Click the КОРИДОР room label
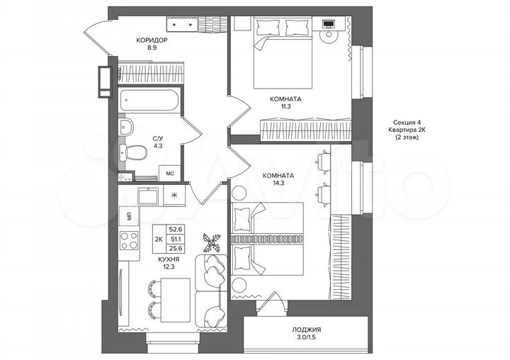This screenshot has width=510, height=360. tap(152, 40)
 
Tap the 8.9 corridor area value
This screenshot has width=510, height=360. tap(152, 49)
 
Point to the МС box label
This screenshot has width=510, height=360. tap(171, 172)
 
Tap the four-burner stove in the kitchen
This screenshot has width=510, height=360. tap(129, 241)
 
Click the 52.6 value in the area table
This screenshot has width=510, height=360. tap(176, 229)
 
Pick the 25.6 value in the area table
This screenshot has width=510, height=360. tap(176, 249)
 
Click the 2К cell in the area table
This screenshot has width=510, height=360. tap(159, 240)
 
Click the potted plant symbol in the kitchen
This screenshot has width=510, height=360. tap(210, 242)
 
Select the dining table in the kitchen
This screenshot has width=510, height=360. tap(170, 298)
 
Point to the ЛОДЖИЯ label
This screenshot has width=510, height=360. tap(306, 330)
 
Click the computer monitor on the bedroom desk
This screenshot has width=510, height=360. tap(328, 23)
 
